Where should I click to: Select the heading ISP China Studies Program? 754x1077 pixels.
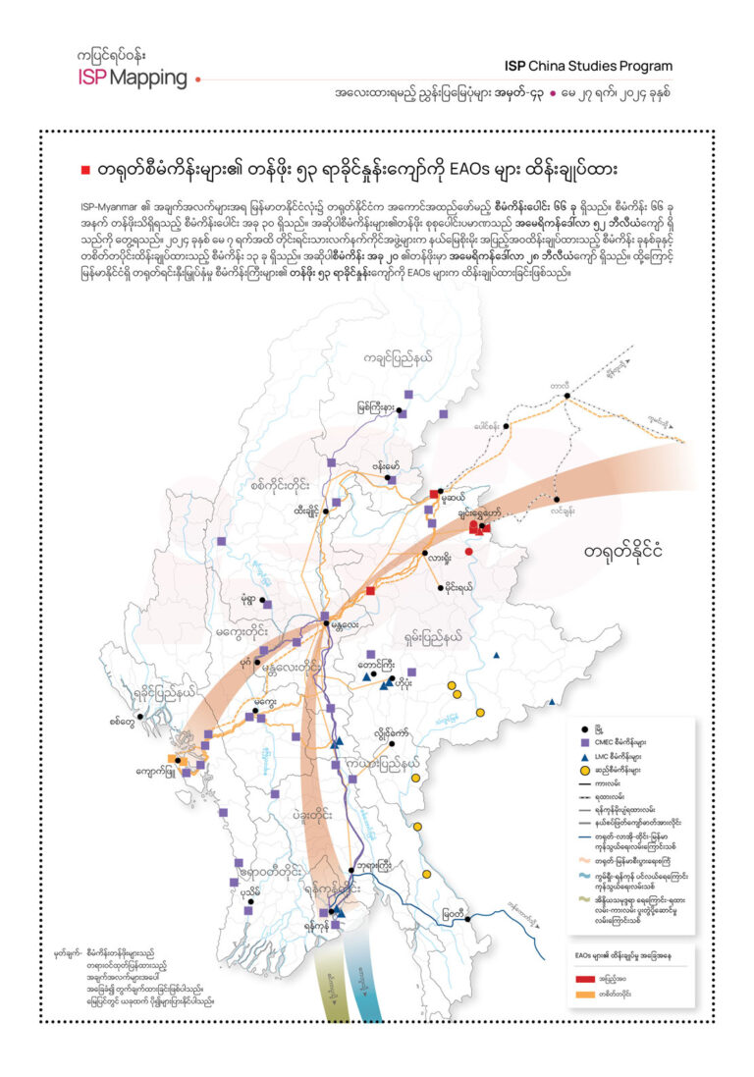pyautogui.click(x=589, y=67)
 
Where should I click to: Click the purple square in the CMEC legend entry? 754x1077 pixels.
pyautogui.click(x=586, y=743)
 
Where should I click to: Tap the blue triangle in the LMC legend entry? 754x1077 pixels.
pyautogui.click(x=586, y=757)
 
